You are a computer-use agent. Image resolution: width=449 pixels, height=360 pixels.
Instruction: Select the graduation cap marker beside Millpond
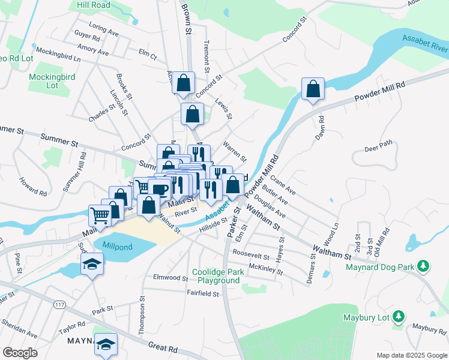pyautogui.click(x=92, y=263)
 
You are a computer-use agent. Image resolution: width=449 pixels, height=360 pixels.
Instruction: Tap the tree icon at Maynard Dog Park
pyautogui.click(x=424, y=265)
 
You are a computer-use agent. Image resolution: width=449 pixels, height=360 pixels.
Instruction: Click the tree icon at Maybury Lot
pyautogui.click(x=398, y=317)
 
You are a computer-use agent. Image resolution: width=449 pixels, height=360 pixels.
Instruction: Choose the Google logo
pyautogui.click(x=20, y=353)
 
